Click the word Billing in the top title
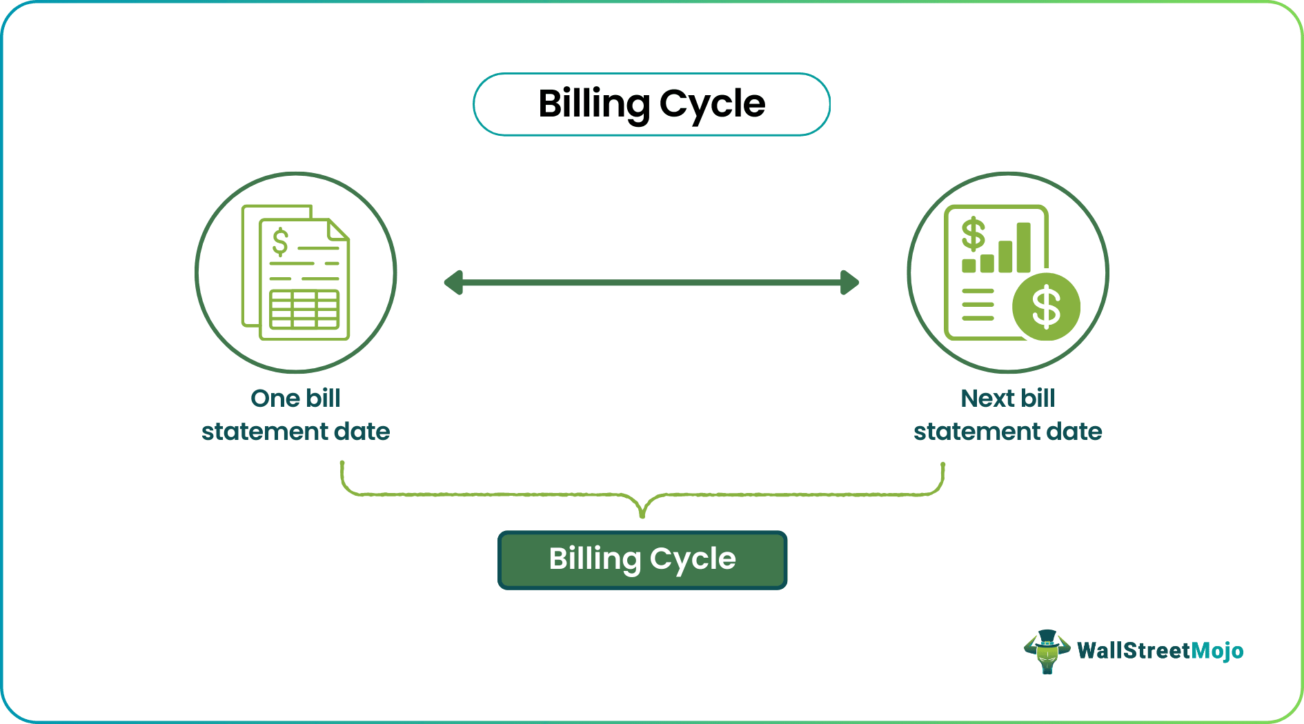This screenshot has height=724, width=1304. tap(593, 104)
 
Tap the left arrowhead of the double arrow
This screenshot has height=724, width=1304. tap(453, 283)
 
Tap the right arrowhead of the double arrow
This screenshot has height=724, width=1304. tap(850, 283)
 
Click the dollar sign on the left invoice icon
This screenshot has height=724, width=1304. tap(280, 242)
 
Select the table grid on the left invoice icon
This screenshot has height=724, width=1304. tap(304, 310)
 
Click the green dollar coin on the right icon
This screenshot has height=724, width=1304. tap(1046, 307)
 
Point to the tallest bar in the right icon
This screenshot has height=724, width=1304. tap(1023, 247)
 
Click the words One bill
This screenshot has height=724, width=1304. tap(295, 398)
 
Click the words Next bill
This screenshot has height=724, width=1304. tap(1007, 398)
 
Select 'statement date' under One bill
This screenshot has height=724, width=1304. tap(295, 432)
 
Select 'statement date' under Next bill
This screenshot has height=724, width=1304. tap(1007, 432)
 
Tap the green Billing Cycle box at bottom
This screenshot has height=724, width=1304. tap(642, 560)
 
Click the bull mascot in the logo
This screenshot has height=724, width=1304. tap(1047, 651)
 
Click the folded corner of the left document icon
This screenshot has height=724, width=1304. tap(337, 230)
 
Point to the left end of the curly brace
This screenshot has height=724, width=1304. tap(342, 465)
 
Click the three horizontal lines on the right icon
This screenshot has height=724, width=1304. tap(978, 305)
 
